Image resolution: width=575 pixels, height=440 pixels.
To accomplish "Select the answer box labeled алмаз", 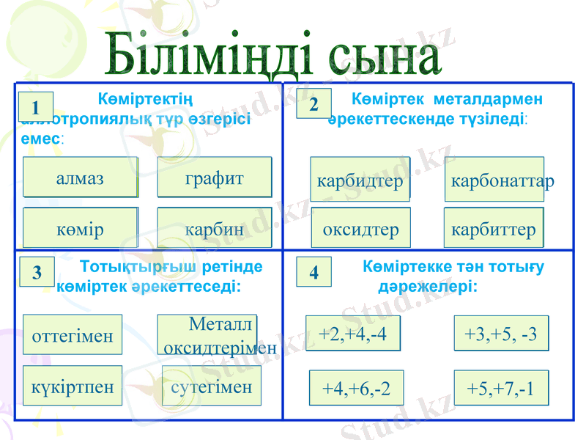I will pyautogui.click(x=81, y=178).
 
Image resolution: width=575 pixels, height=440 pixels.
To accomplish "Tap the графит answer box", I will pyautogui.click(x=214, y=178).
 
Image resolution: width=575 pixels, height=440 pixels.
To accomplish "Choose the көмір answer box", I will pyautogui.click(x=81, y=229).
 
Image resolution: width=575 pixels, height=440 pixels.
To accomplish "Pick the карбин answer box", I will pyautogui.click(x=214, y=229).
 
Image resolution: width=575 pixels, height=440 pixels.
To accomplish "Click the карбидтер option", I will pyautogui.click(x=360, y=180).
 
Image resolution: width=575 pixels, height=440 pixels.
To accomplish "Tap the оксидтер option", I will pyautogui.click(x=360, y=229).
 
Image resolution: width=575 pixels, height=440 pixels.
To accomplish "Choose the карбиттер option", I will pyautogui.click(x=494, y=229).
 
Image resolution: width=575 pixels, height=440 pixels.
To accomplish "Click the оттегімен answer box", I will pyautogui.click(x=73, y=335).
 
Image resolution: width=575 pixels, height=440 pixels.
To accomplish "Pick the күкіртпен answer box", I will pyautogui.click(x=73, y=386).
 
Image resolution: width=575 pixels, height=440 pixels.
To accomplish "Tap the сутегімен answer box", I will pyautogui.click(x=211, y=386).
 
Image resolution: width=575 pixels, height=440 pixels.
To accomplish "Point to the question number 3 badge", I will pyautogui.click(x=37, y=272).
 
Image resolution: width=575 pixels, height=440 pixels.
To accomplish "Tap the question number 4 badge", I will pyautogui.click(x=314, y=272).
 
